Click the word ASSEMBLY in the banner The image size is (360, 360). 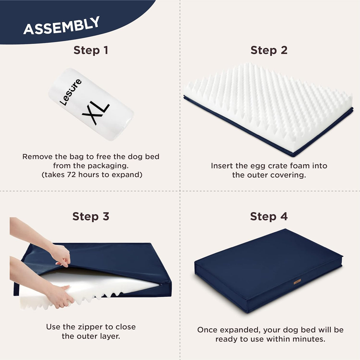pyautogui.click(x=61, y=26)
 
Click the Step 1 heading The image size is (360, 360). pyautogui.click(x=91, y=50)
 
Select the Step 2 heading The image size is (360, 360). pyautogui.click(x=269, y=50)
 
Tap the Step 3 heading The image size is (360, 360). pyautogui.click(x=91, y=216)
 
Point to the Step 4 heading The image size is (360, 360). pyautogui.click(x=269, y=216)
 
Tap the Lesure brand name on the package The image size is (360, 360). pyautogui.click(x=71, y=92)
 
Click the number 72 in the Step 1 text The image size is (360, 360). pyautogui.click(x=72, y=175)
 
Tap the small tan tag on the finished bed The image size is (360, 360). pyautogui.click(x=297, y=281)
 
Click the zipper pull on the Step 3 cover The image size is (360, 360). pyautogui.click(x=161, y=285)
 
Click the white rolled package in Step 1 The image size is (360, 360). pyautogui.click(x=91, y=104)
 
